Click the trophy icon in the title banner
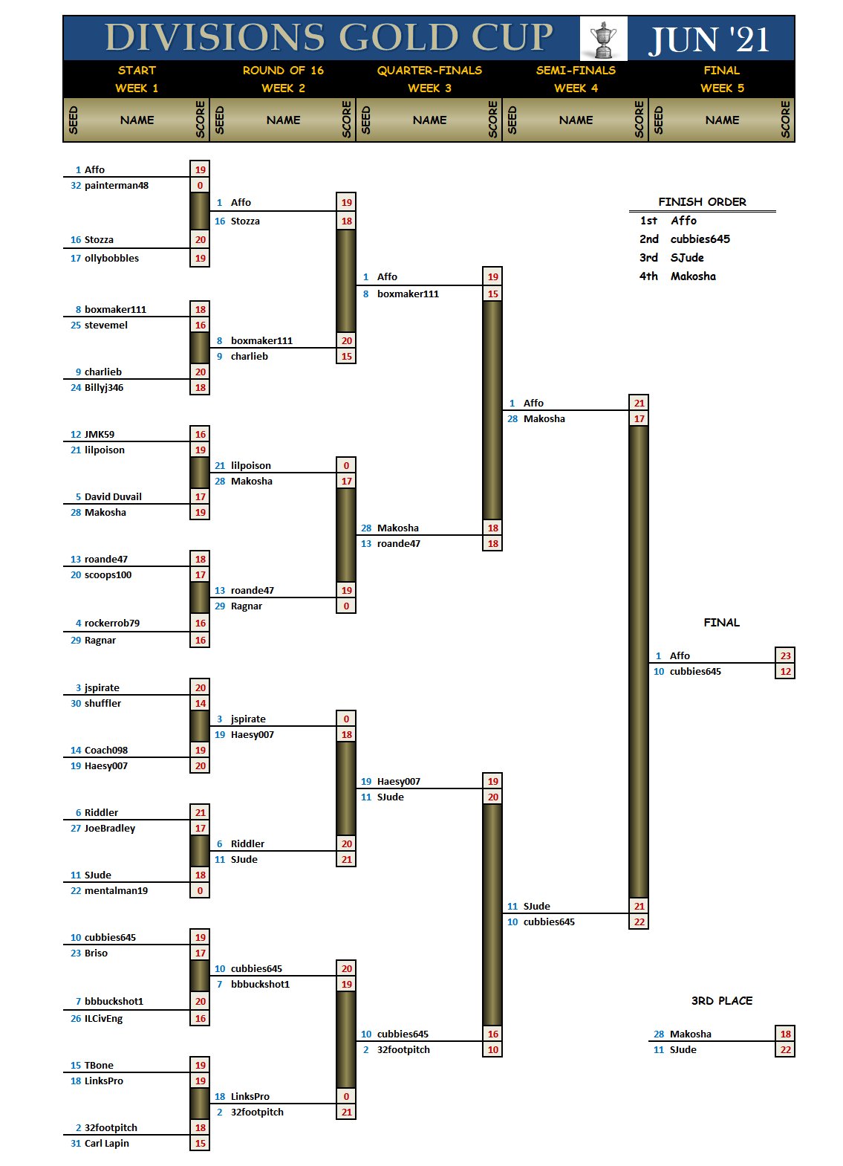pos(603,39)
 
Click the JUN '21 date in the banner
pos(709,39)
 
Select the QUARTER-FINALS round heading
pos(429,71)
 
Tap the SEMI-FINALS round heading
pos(576,71)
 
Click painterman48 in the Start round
pos(117,186)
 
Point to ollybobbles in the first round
pos(111,259)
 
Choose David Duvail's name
pos(113,497)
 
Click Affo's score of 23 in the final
pos(785,655)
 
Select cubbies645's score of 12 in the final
pos(785,672)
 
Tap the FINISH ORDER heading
pos(702,202)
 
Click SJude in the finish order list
pos(687,258)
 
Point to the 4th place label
pos(648,276)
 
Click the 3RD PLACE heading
pos(721,1001)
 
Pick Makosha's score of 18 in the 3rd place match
pos(785,1034)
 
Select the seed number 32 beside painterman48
pos(76,186)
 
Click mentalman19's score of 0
pos(200,891)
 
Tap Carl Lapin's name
pos(107,1144)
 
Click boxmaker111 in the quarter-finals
pos(408,294)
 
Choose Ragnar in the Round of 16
pos(247,606)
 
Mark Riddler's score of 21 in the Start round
pos(200,813)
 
